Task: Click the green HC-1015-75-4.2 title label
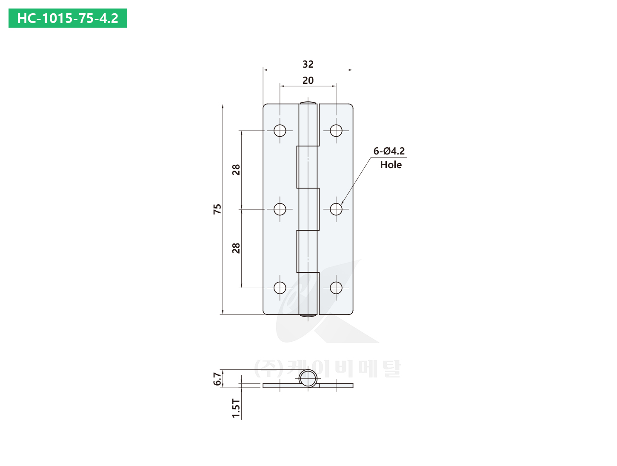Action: pyautogui.click(x=68, y=18)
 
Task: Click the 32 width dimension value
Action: pyautogui.click(x=308, y=64)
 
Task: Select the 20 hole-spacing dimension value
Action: pyautogui.click(x=308, y=81)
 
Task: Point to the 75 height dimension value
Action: pyautogui.click(x=217, y=209)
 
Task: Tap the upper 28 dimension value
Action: pyautogui.click(x=236, y=170)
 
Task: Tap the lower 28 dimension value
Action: pyautogui.click(x=236, y=248)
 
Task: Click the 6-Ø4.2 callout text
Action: pyautogui.click(x=389, y=151)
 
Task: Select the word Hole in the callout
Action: pyautogui.click(x=391, y=165)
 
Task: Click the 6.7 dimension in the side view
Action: pyautogui.click(x=217, y=379)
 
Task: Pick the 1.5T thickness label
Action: pyautogui.click(x=236, y=409)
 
